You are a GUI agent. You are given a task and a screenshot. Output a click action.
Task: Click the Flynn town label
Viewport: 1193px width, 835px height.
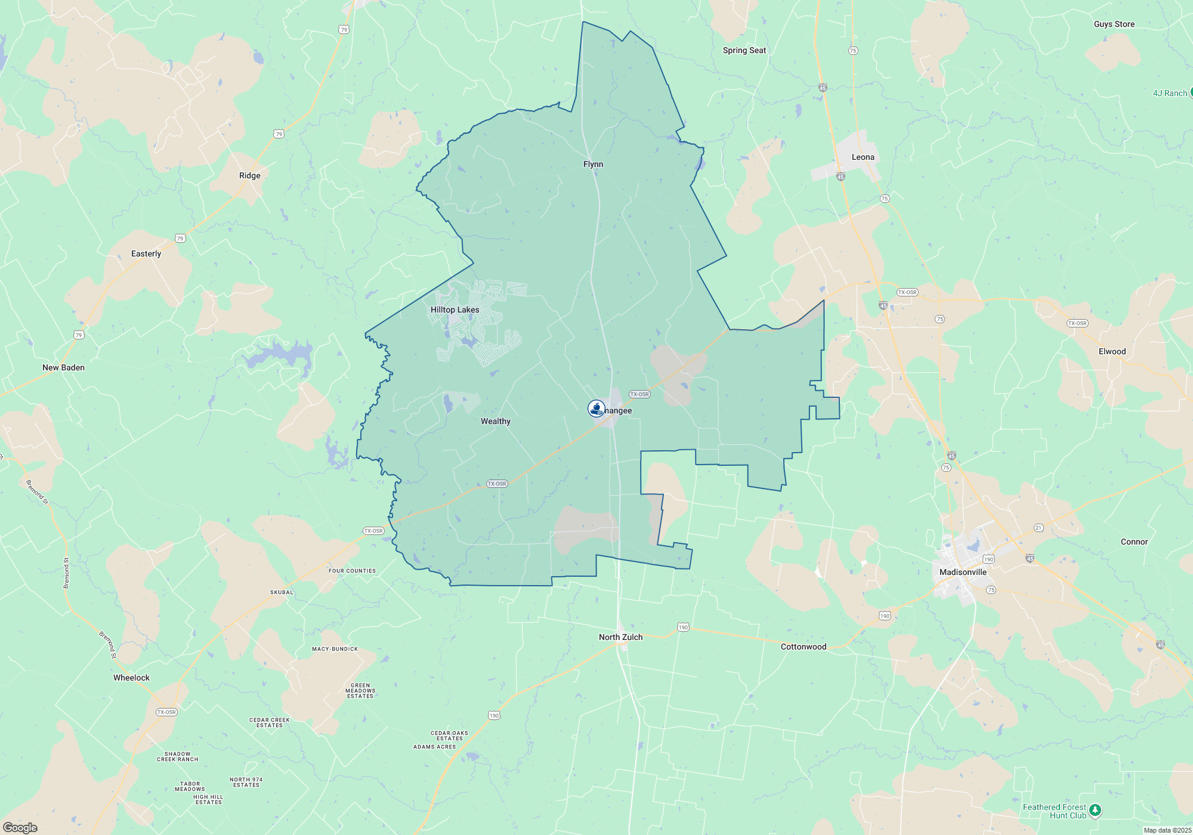[593, 164]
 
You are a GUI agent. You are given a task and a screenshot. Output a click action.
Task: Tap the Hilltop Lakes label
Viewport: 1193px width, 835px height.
[455, 310]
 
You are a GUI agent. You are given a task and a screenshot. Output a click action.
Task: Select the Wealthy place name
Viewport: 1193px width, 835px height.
[495, 421]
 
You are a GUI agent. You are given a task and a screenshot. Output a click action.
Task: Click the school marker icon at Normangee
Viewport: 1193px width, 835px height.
[596, 408]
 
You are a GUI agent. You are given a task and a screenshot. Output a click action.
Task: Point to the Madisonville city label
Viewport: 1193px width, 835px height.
[963, 572]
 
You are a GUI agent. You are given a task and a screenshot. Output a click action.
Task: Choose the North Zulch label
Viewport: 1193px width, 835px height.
[620, 637]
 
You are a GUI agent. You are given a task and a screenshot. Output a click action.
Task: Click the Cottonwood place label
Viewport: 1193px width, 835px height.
[803, 647]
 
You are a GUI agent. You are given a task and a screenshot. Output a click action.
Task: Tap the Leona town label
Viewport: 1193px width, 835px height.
[863, 157]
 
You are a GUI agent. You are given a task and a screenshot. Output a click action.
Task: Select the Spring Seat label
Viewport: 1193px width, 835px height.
[744, 50]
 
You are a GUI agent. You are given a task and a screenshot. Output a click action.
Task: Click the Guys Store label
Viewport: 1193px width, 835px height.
[1114, 24]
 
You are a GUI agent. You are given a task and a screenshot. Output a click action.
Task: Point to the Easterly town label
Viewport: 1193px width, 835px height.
[146, 253]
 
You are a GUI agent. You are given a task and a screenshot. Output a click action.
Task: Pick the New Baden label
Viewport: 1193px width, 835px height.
[63, 367]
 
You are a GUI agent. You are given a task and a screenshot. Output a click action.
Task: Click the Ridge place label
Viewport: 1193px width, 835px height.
[249, 175]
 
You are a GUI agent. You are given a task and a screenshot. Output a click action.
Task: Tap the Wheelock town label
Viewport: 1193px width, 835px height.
[131, 678]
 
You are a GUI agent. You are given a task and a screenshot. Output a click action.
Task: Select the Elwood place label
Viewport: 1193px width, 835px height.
[1112, 351]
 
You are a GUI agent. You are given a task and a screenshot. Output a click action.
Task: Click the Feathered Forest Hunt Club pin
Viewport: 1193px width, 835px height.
[1094, 810]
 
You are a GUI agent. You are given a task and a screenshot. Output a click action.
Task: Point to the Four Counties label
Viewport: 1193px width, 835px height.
[352, 571]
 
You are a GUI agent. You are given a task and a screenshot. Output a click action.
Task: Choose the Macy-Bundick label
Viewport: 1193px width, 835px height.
[335, 649]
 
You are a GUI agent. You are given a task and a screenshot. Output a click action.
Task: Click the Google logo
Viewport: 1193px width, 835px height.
[20, 827]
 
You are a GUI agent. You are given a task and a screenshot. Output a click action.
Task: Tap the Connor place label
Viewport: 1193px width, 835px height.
[1134, 542]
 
